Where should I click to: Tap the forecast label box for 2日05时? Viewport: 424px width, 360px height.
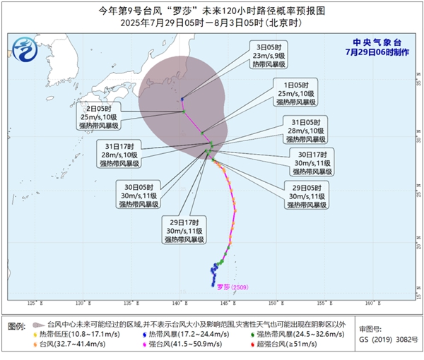point(100,116)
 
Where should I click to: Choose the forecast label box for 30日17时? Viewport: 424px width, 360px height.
point(312,162)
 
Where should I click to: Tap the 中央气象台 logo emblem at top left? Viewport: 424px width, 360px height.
point(26,50)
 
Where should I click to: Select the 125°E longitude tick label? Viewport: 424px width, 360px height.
point(32,303)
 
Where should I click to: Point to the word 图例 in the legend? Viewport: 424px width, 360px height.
point(18,325)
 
